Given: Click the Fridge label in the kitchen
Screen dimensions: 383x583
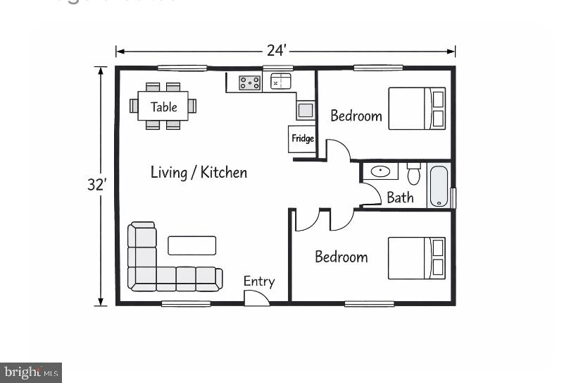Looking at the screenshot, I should pyautogui.click(x=303, y=139).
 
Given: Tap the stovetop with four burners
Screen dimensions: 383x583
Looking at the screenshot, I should pyautogui.click(x=249, y=83).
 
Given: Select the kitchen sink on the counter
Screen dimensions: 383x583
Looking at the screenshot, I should pyautogui.click(x=281, y=82).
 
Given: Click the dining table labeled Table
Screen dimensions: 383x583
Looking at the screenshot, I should pyautogui.click(x=163, y=107).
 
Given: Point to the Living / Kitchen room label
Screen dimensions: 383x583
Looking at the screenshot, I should pyautogui.click(x=199, y=172).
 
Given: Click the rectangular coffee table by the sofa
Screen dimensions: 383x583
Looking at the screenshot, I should pyautogui.click(x=192, y=245).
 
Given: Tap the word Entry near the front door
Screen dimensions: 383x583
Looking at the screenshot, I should pyautogui.click(x=258, y=281).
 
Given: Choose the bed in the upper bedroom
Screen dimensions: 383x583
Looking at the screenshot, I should pyautogui.click(x=418, y=108).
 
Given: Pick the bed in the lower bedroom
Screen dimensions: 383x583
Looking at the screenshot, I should pyautogui.click(x=417, y=257).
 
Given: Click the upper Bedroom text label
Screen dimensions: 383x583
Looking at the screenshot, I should pyautogui.click(x=356, y=116).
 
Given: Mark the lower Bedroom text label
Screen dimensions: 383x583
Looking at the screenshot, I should pyautogui.click(x=341, y=257).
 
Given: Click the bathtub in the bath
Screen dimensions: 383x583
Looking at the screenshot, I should pyautogui.click(x=439, y=186).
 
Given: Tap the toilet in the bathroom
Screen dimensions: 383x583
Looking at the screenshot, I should pyautogui.click(x=413, y=174).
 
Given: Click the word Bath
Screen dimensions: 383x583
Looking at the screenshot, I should pyautogui.click(x=400, y=197).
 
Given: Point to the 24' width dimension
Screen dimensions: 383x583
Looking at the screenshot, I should pyautogui.click(x=276, y=51).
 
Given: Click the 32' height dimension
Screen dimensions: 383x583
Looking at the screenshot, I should pyautogui.click(x=96, y=185).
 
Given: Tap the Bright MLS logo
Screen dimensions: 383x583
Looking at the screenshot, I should pyautogui.click(x=31, y=372).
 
